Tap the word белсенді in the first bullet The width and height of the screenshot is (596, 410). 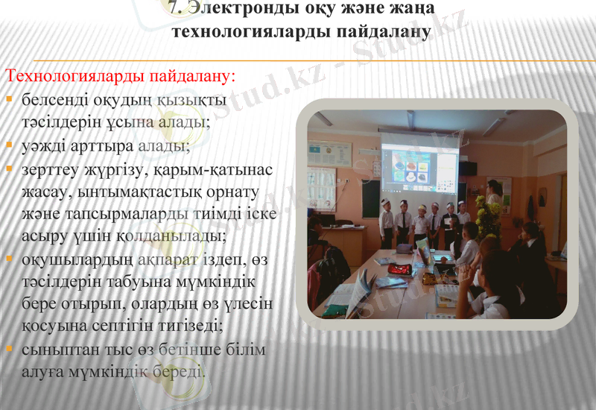[x=51, y=98]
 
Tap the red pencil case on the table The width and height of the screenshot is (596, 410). [x=399, y=268]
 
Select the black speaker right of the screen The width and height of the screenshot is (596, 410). [x=467, y=168]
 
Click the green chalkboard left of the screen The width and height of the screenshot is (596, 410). [x=370, y=198]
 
